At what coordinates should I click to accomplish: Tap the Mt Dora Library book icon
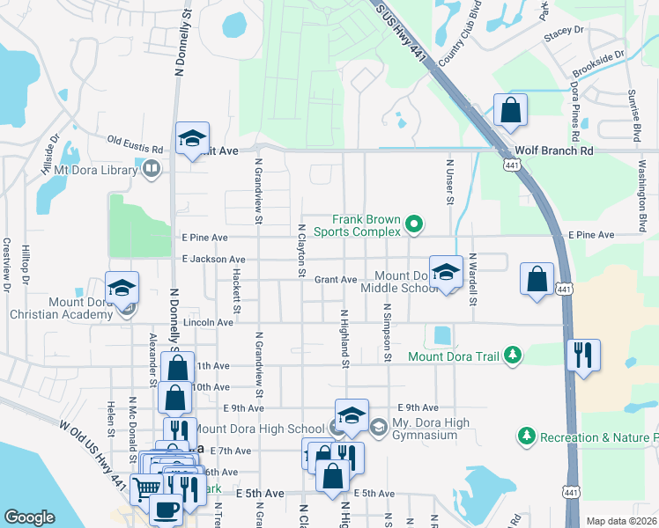click(x=152, y=167)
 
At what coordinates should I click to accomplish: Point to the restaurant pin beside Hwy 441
click(x=582, y=356)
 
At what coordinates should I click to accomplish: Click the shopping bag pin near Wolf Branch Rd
click(x=509, y=111)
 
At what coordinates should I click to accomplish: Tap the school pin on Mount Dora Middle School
click(x=446, y=273)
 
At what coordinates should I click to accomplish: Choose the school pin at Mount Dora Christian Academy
click(x=122, y=289)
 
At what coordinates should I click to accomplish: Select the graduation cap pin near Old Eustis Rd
click(x=192, y=139)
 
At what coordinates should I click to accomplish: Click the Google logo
click(x=30, y=517)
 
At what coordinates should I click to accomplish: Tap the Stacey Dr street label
click(x=565, y=30)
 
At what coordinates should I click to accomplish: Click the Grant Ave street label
click(x=336, y=280)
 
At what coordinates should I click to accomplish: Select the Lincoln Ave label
click(x=209, y=323)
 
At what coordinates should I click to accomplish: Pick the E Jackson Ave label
click(x=213, y=260)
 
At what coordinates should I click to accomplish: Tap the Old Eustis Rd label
click(x=136, y=139)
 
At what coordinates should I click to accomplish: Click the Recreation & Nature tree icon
click(x=526, y=436)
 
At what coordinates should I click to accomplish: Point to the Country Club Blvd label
click(x=457, y=40)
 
